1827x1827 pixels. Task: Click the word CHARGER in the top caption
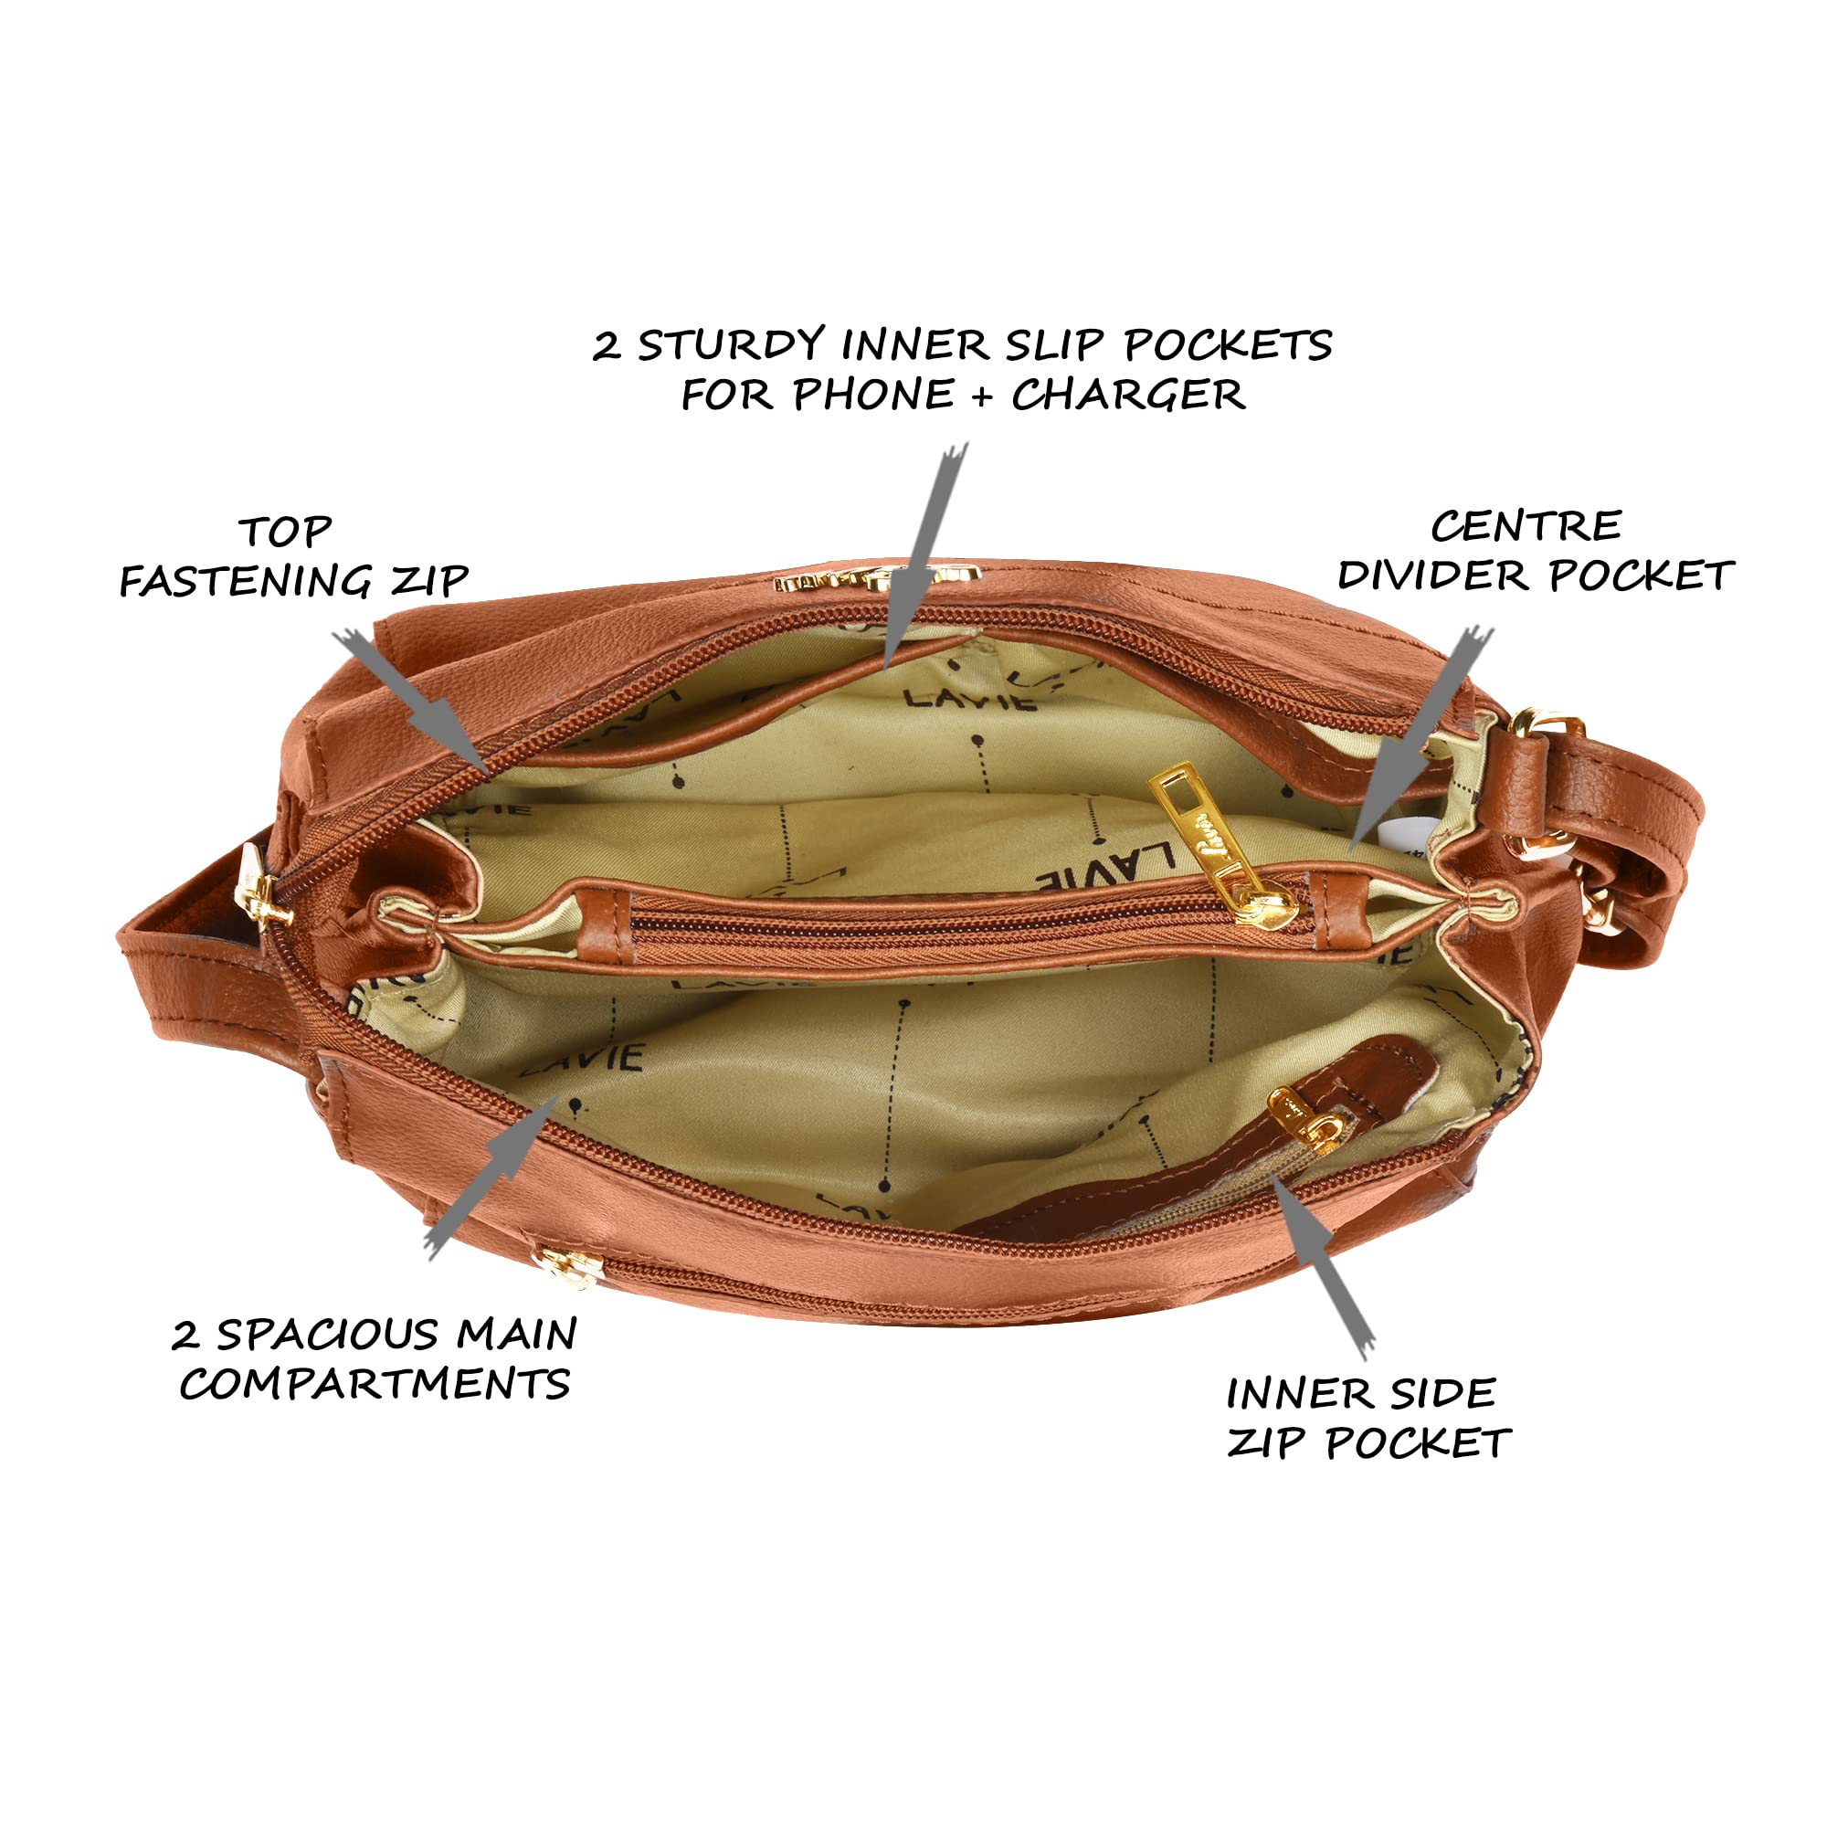(x=1128, y=395)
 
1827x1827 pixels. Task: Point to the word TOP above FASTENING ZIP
(x=285, y=532)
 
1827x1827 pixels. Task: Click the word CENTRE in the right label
(x=1526, y=527)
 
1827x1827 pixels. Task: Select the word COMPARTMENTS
(x=375, y=1383)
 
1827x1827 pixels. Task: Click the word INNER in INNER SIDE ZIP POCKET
(x=1297, y=1393)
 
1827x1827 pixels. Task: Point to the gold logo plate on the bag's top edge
(x=877, y=579)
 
